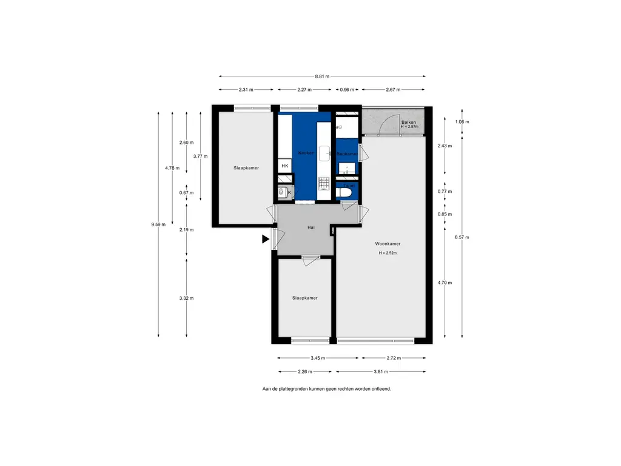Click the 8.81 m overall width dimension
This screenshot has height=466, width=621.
322,76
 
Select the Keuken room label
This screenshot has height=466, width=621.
306,153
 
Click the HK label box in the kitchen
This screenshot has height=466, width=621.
284,166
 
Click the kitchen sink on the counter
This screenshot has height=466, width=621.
324,152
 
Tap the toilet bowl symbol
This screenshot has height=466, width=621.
345,193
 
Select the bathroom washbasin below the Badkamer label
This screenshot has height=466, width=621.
346,168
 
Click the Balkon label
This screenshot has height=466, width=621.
409,123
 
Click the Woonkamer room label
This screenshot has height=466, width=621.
388,244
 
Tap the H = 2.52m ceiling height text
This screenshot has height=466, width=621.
388,253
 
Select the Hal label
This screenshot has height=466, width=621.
310,228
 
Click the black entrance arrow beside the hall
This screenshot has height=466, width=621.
266,239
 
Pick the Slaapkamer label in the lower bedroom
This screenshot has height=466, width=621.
304,298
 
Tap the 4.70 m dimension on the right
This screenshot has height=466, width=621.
445,283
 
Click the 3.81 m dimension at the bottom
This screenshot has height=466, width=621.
381,372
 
